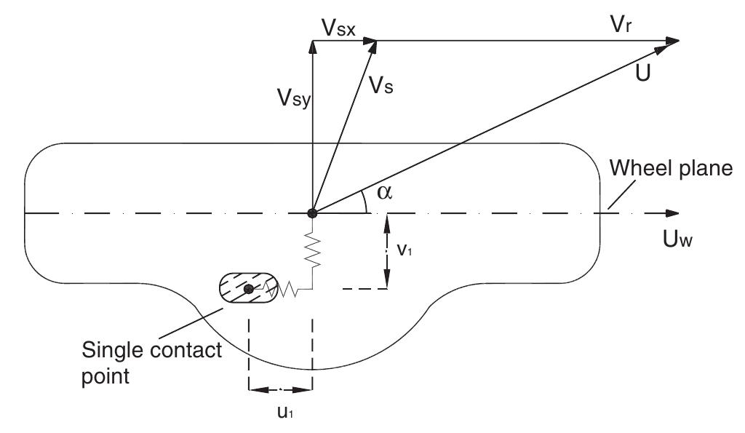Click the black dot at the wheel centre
coord(312,213)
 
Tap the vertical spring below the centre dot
coord(312,252)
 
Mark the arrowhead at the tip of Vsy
coord(312,45)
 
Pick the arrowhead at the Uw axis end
coord(672,213)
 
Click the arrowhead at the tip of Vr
coord(673,40)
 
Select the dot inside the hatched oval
coord(249,289)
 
